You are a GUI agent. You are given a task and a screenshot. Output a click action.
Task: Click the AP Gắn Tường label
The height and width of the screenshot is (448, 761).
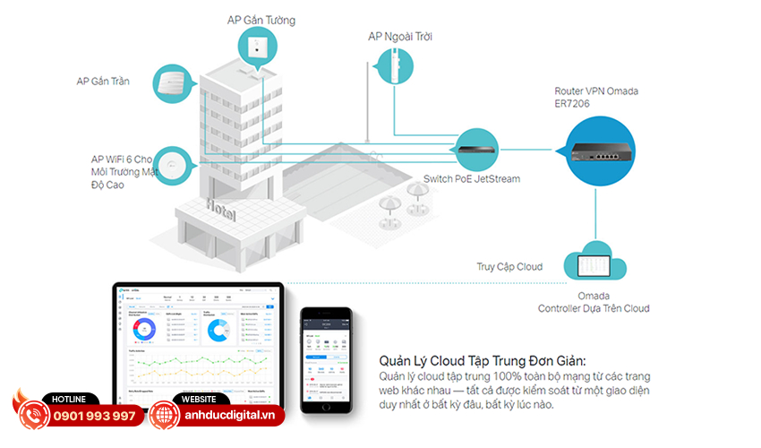click(261, 20)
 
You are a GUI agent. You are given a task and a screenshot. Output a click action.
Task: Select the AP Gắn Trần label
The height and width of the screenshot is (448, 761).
click(103, 82)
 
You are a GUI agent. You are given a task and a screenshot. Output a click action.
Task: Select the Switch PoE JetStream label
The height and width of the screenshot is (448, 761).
click(472, 178)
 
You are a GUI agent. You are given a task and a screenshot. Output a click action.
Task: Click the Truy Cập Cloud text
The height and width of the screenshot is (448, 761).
click(509, 267)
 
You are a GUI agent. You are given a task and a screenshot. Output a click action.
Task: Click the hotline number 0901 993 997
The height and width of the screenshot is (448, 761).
click(95, 417)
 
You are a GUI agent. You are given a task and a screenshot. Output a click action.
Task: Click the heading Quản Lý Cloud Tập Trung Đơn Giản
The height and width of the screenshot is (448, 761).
click(472, 360)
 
